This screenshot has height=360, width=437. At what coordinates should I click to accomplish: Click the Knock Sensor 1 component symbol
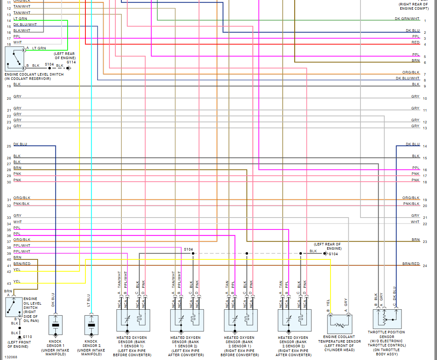point(55,325)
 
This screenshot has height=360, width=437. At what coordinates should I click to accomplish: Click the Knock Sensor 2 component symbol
point(91,325)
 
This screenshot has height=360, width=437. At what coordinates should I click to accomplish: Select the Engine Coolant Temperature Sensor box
point(340,325)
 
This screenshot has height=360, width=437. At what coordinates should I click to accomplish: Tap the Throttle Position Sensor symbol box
point(387,319)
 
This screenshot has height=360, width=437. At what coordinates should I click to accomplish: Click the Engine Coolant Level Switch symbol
point(15,59)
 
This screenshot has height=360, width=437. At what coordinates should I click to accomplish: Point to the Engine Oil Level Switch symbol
point(14,307)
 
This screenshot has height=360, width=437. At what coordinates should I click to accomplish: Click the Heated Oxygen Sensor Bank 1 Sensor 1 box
point(134,320)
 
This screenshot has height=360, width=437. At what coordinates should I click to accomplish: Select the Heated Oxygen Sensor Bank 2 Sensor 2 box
point(295,320)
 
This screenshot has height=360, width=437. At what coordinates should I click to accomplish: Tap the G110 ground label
point(28,337)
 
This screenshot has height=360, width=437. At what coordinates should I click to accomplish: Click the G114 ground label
point(71,62)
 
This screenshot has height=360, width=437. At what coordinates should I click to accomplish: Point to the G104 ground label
point(333,254)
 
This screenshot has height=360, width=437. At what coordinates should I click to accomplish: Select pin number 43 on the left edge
point(9,284)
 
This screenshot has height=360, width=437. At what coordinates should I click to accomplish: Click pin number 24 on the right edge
point(425,266)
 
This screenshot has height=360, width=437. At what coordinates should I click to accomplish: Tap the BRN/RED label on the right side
point(411,264)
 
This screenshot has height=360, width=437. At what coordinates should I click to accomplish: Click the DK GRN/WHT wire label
point(407,19)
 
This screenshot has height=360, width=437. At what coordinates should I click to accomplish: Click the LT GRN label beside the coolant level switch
point(39,48)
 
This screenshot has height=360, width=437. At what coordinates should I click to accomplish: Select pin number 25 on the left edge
point(9,147)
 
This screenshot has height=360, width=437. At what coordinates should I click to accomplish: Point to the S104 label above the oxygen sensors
point(188,249)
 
